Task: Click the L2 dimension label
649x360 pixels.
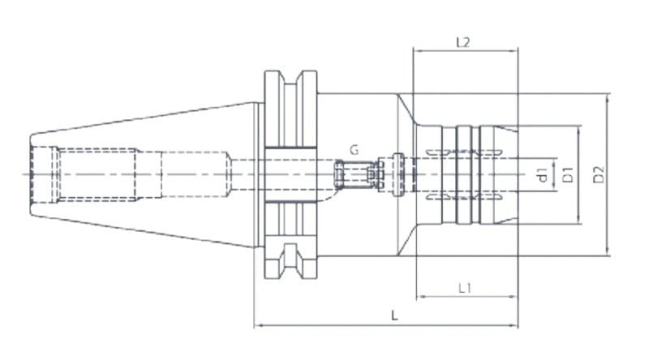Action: click(463, 42)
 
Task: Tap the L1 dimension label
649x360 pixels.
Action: click(466, 287)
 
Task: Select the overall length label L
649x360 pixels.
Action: click(394, 316)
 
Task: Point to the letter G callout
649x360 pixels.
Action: click(355, 150)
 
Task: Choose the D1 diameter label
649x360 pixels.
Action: click(569, 174)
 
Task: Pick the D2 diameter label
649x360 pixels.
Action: click(599, 174)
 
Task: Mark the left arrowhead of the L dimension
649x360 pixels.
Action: click(258, 326)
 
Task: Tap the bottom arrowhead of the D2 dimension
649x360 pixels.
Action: click(607, 253)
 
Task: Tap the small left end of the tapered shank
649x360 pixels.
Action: click(32, 174)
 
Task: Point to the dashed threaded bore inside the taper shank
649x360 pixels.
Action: click(97, 174)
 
